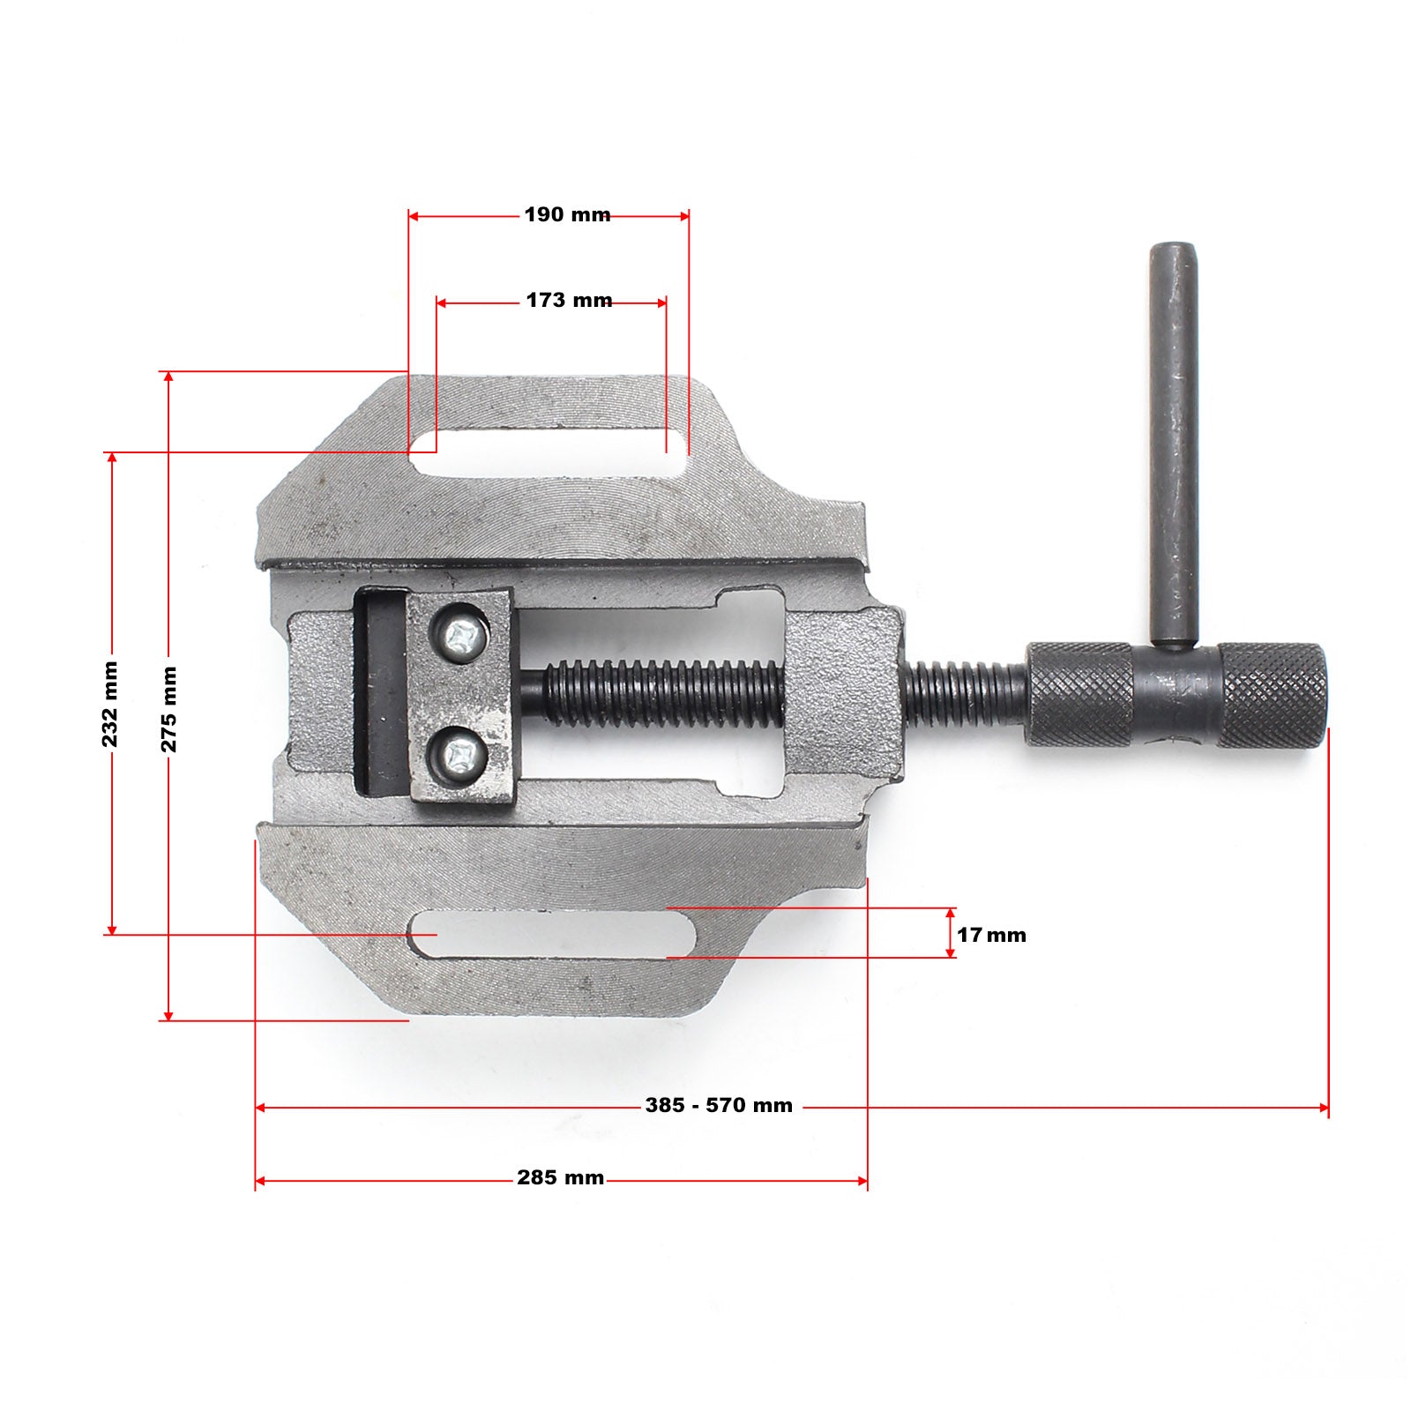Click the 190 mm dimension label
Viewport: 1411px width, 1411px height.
(567, 214)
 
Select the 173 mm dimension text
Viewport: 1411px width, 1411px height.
(569, 300)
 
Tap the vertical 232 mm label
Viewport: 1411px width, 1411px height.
(110, 704)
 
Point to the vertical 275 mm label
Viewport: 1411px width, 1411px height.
(168, 709)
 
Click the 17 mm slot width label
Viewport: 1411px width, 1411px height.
(991, 935)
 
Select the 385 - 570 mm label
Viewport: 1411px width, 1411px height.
(719, 1105)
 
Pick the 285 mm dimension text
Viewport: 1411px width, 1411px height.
(560, 1177)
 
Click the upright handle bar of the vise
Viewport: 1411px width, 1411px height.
(1173, 441)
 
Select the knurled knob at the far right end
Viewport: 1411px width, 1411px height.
(1273, 695)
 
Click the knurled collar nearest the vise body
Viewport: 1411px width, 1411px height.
(1079, 695)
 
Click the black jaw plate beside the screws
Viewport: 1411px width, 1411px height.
(381, 692)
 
